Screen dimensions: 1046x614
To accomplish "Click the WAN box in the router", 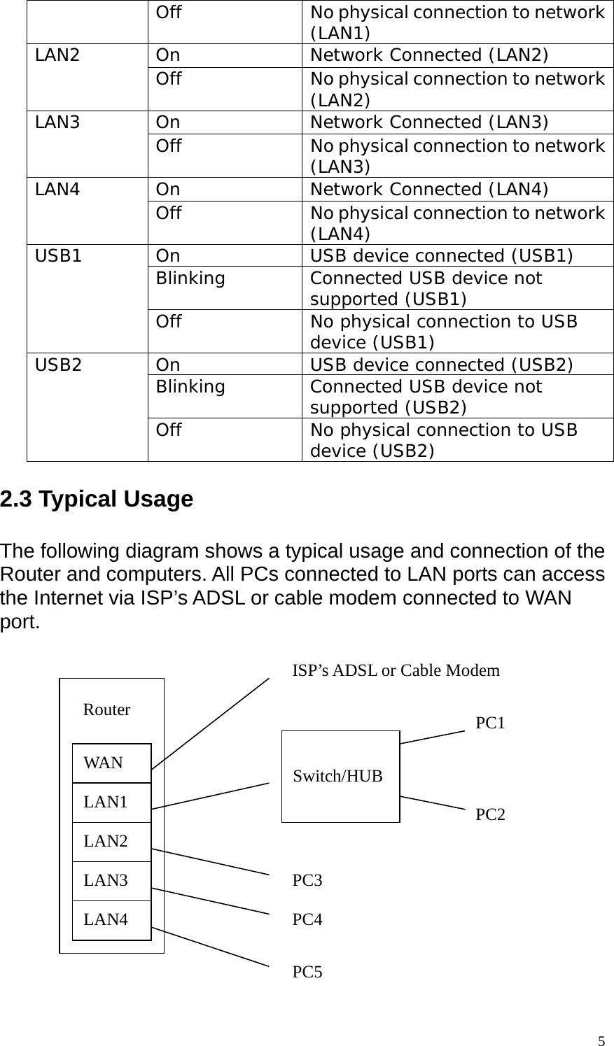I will tap(111, 763).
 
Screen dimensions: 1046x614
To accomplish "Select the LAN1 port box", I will tap(111, 803).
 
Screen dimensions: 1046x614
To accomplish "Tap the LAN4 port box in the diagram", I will tap(111, 920).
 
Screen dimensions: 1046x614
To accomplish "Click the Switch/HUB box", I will tap(340, 776).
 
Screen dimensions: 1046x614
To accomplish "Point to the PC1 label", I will tap(490, 723).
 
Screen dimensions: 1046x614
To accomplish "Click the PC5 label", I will tap(307, 972).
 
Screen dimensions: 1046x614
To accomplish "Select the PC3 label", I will tap(307, 880).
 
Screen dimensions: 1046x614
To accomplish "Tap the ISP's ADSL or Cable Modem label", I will tap(396, 671).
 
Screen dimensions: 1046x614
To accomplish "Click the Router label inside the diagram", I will tap(106, 710).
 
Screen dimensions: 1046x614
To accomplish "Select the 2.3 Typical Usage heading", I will tap(97, 500).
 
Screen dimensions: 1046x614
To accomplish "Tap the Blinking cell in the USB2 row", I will tap(190, 387).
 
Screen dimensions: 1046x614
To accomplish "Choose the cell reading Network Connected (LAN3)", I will tap(429, 122).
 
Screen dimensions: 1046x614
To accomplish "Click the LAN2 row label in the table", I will tap(57, 56).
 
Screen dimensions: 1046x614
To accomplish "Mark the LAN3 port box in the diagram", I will tap(111, 881).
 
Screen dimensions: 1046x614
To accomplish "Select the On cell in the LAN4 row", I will tap(168, 190).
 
